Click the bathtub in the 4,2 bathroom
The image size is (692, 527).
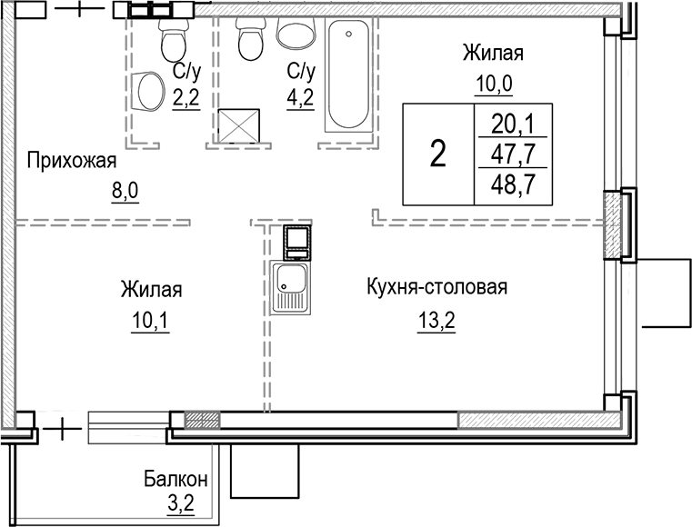[348, 77]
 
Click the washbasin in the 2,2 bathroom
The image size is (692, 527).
[145, 90]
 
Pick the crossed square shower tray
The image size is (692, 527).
[240, 125]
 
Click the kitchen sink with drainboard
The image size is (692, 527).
[291, 286]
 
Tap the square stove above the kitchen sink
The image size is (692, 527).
[296, 241]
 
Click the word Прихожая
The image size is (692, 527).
[73, 162]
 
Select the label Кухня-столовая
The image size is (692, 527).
[436, 288]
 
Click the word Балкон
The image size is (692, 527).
[176, 478]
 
